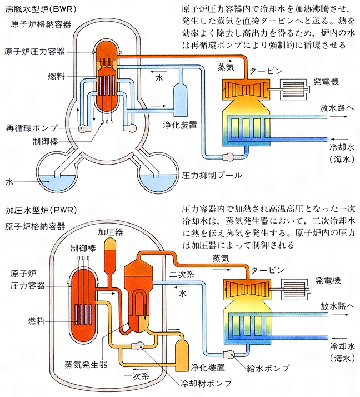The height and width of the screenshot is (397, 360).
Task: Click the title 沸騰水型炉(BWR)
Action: tap(39, 10)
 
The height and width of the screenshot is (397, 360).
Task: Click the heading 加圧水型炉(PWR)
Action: tap(41, 212)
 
